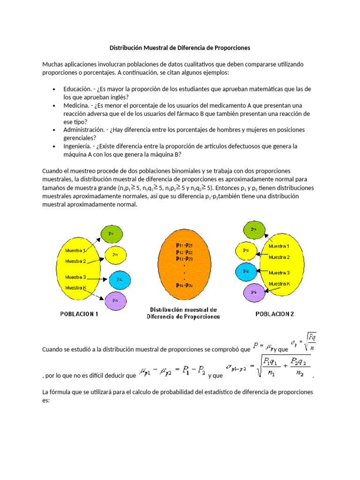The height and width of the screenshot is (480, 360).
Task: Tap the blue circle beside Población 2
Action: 246,270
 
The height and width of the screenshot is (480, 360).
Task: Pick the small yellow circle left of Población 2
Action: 246,251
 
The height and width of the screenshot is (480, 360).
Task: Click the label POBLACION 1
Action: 79,315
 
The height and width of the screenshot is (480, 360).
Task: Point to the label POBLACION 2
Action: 275,315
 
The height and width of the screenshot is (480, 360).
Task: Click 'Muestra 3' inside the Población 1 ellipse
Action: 75,277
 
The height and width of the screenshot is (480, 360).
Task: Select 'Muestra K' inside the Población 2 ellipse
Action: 279,284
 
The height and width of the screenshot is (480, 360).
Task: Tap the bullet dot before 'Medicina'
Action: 54,105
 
